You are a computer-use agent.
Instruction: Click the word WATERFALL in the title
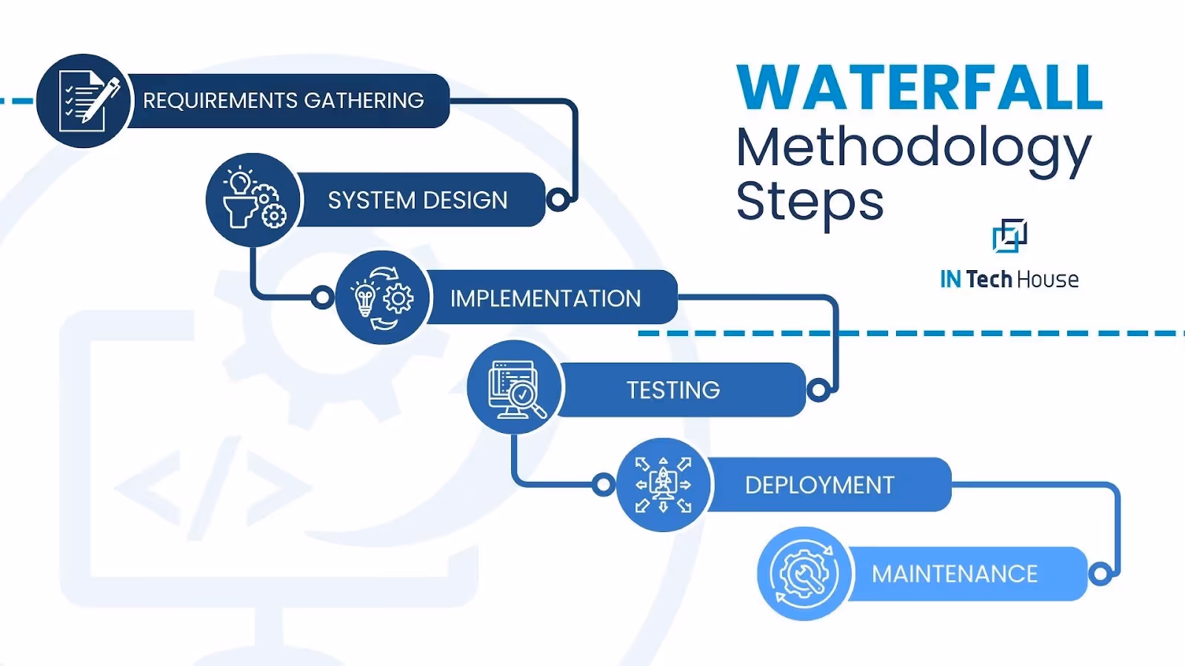(x=919, y=87)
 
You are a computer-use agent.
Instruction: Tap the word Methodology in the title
(x=913, y=148)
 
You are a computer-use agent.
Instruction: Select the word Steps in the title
(x=810, y=201)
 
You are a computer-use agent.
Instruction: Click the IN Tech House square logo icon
(x=1009, y=236)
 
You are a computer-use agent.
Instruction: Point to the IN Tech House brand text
(x=1009, y=280)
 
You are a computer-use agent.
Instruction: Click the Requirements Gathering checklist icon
(x=84, y=101)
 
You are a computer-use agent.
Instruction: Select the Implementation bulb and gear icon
(x=382, y=297)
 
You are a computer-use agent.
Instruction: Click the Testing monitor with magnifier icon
(x=515, y=388)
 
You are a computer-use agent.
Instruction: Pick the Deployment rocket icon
(x=663, y=485)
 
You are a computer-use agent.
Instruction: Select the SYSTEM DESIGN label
(x=418, y=201)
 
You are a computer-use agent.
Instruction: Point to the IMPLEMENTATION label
(x=545, y=298)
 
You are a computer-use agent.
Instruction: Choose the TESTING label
(x=672, y=390)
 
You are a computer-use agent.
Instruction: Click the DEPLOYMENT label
(x=819, y=485)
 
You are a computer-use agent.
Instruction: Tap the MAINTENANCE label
(x=954, y=574)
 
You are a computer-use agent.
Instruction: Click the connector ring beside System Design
(x=558, y=199)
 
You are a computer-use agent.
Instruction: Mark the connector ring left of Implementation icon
(x=322, y=297)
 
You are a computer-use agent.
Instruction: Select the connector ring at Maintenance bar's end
(x=1101, y=573)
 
